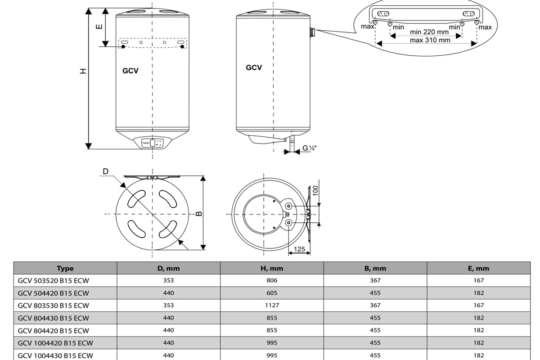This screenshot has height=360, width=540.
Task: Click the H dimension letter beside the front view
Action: (x=83, y=72)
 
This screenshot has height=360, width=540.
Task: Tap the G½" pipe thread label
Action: (x=310, y=148)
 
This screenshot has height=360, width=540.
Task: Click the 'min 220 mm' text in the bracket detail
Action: (x=429, y=32)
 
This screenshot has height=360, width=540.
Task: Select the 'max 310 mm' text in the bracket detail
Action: (x=430, y=40)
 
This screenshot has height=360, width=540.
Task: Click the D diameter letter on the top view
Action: (x=105, y=171)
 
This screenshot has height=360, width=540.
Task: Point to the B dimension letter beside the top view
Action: (x=199, y=213)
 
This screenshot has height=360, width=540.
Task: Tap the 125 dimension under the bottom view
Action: (x=299, y=249)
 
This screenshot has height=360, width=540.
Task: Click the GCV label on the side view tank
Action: (x=254, y=67)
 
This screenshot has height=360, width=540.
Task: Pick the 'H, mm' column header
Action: (x=272, y=269)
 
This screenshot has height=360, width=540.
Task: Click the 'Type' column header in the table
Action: (x=65, y=269)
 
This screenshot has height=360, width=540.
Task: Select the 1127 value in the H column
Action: (x=272, y=305)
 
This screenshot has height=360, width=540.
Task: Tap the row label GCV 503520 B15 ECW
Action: (x=54, y=280)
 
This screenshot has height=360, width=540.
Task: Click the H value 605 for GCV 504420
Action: (x=272, y=293)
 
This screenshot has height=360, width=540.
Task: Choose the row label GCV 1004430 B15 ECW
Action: (x=55, y=355)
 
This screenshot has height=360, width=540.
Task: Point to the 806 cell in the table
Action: (x=272, y=280)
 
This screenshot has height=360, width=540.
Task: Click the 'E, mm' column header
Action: (x=479, y=269)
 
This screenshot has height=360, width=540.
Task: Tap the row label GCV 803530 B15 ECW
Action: (x=54, y=305)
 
